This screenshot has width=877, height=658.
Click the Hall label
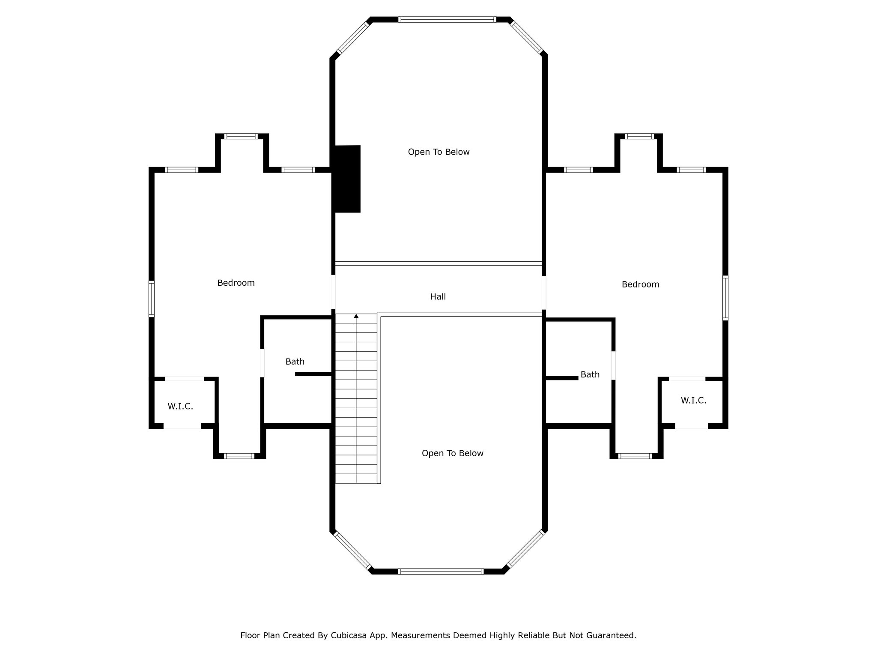point(438,296)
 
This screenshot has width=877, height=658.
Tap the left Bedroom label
point(236,283)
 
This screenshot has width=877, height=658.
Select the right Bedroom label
point(640,284)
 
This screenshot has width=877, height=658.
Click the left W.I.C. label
point(180,406)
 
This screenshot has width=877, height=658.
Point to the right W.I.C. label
point(693,400)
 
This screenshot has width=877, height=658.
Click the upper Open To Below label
point(438,152)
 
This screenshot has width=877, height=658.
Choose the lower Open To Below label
point(452,453)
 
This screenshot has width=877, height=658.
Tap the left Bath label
point(295,362)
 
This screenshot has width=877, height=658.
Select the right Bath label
point(590,374)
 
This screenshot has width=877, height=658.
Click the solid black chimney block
point(347,179)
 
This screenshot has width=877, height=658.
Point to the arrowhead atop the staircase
point(356,316)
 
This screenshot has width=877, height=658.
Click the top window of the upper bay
point(447,19)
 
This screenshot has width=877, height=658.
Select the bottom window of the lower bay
point(441,571)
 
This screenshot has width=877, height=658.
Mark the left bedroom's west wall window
point(151,299)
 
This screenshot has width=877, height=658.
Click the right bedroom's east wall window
point(725,298)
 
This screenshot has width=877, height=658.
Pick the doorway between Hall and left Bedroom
point(333,292)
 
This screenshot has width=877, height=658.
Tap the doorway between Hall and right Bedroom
point(544,293)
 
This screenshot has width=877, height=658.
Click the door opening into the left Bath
point(262,363)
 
